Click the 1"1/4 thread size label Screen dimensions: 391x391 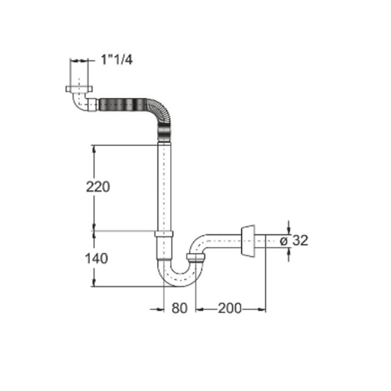click(117, 60)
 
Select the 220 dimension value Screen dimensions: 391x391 click(98, 187)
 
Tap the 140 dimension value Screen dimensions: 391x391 click(96, 259)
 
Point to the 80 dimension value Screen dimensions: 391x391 click(179, 308)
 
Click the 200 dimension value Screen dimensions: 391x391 click(230, 309)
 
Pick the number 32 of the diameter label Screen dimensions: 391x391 click(300, 240)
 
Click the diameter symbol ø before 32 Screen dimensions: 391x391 click(284, 241)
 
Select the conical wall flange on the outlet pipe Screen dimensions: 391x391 click(248, 241)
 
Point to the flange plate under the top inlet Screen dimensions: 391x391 click(79, 89)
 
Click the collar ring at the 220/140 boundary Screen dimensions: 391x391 click(164, 234)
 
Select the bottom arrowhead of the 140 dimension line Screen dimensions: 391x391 click(94, 283)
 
